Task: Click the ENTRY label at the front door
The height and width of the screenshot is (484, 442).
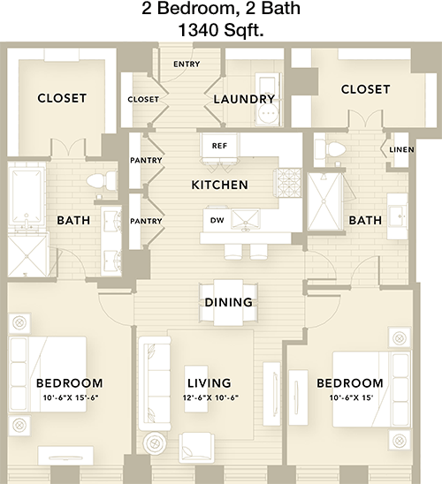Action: coord(187,64)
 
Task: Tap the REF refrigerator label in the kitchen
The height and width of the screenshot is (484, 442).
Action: coord(219,146)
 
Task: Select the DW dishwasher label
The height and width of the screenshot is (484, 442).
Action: coord(217,220)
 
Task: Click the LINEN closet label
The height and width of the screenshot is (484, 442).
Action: coord(401,150)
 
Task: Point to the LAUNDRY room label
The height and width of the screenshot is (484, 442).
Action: coord(244,99)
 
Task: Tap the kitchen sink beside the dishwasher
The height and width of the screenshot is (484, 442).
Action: coord(246,219)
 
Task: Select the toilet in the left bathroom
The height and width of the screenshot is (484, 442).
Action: coord(102,181)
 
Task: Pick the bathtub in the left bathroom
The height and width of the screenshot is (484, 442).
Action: coord(27,195)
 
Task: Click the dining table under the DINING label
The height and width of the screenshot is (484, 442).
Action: coord(228,302)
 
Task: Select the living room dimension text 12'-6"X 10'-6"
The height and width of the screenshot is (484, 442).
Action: coord(210,397)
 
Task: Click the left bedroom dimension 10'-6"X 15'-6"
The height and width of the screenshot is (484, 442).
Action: coord(71,397)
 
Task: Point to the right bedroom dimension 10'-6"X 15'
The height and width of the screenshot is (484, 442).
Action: coord(351,397)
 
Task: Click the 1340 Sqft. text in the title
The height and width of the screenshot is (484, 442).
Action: coord(221,30)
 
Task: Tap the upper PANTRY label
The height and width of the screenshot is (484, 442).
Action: coord(146,160)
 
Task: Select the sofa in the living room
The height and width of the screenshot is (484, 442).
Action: coord(155,383)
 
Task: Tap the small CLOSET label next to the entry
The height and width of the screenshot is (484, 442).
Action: coord(143,99)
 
